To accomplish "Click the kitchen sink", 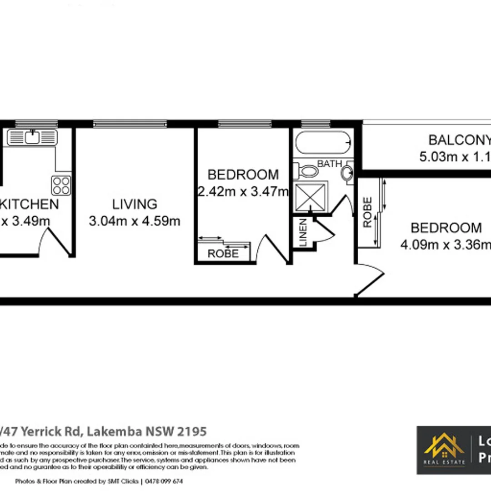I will coord(32,137).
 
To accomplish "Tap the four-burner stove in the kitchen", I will coord(61,185).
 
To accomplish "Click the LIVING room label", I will coord(135,205).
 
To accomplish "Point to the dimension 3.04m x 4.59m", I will coord(135,221).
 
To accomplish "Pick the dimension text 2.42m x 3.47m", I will coord(243,191).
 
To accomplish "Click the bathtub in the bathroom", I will coord(323,143).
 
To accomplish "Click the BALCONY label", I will coord(459,140).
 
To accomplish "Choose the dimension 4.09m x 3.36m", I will coord(446,245).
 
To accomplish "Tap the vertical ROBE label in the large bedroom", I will coord(368,212).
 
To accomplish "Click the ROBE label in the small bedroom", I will coord(223,254).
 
